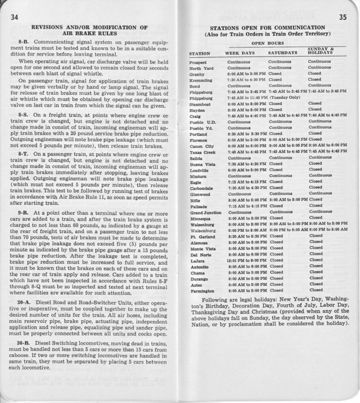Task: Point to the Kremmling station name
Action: click(x=201, y=80)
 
